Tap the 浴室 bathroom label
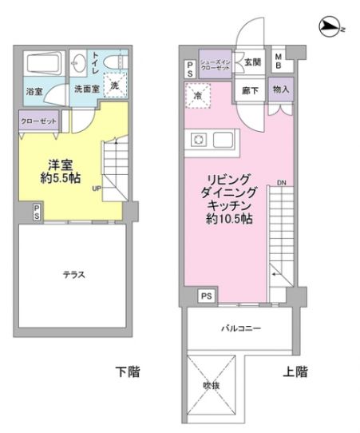coord(34,91)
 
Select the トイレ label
coord(96,61)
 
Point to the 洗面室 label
coord(86,89)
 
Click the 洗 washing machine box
coord(116,85)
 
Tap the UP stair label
coord(97,189)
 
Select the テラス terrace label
coord(74,275)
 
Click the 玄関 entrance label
coord(252,61)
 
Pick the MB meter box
coord(279,61)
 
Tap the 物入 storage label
coord(280,89)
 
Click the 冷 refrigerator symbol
coord(197,96)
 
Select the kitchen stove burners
coord(198,140)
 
